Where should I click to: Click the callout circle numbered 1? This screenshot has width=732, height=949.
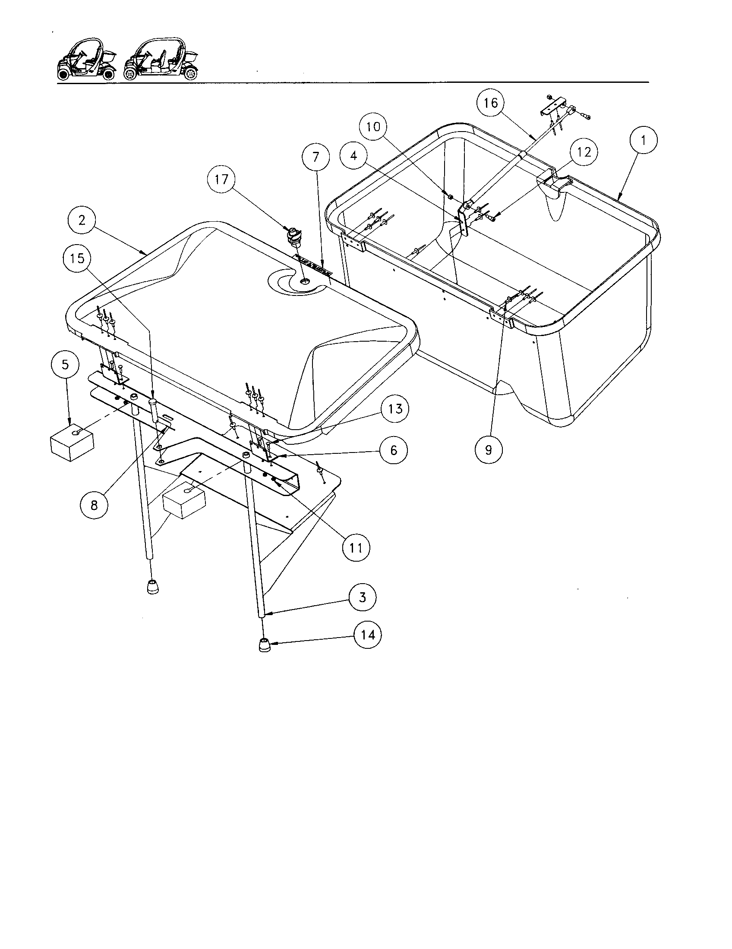[644, 140]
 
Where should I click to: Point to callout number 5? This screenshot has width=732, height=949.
[65, 364]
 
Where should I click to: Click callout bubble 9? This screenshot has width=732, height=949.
[489, 450]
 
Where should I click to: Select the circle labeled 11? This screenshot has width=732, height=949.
[356, 548]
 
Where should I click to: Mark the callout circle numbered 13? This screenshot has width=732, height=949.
[394, 409]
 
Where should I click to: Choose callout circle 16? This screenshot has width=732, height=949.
[490, 103]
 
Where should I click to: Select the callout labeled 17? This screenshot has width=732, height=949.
[221, 179]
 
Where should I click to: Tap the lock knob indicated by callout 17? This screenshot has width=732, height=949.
[293, 238]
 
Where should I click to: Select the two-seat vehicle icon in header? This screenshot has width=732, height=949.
[87, 60]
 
